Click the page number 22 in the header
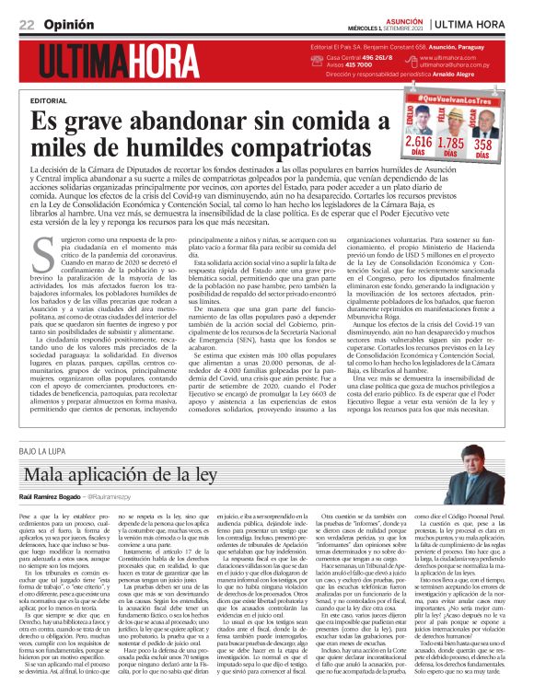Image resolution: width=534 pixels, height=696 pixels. point(27,23)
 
